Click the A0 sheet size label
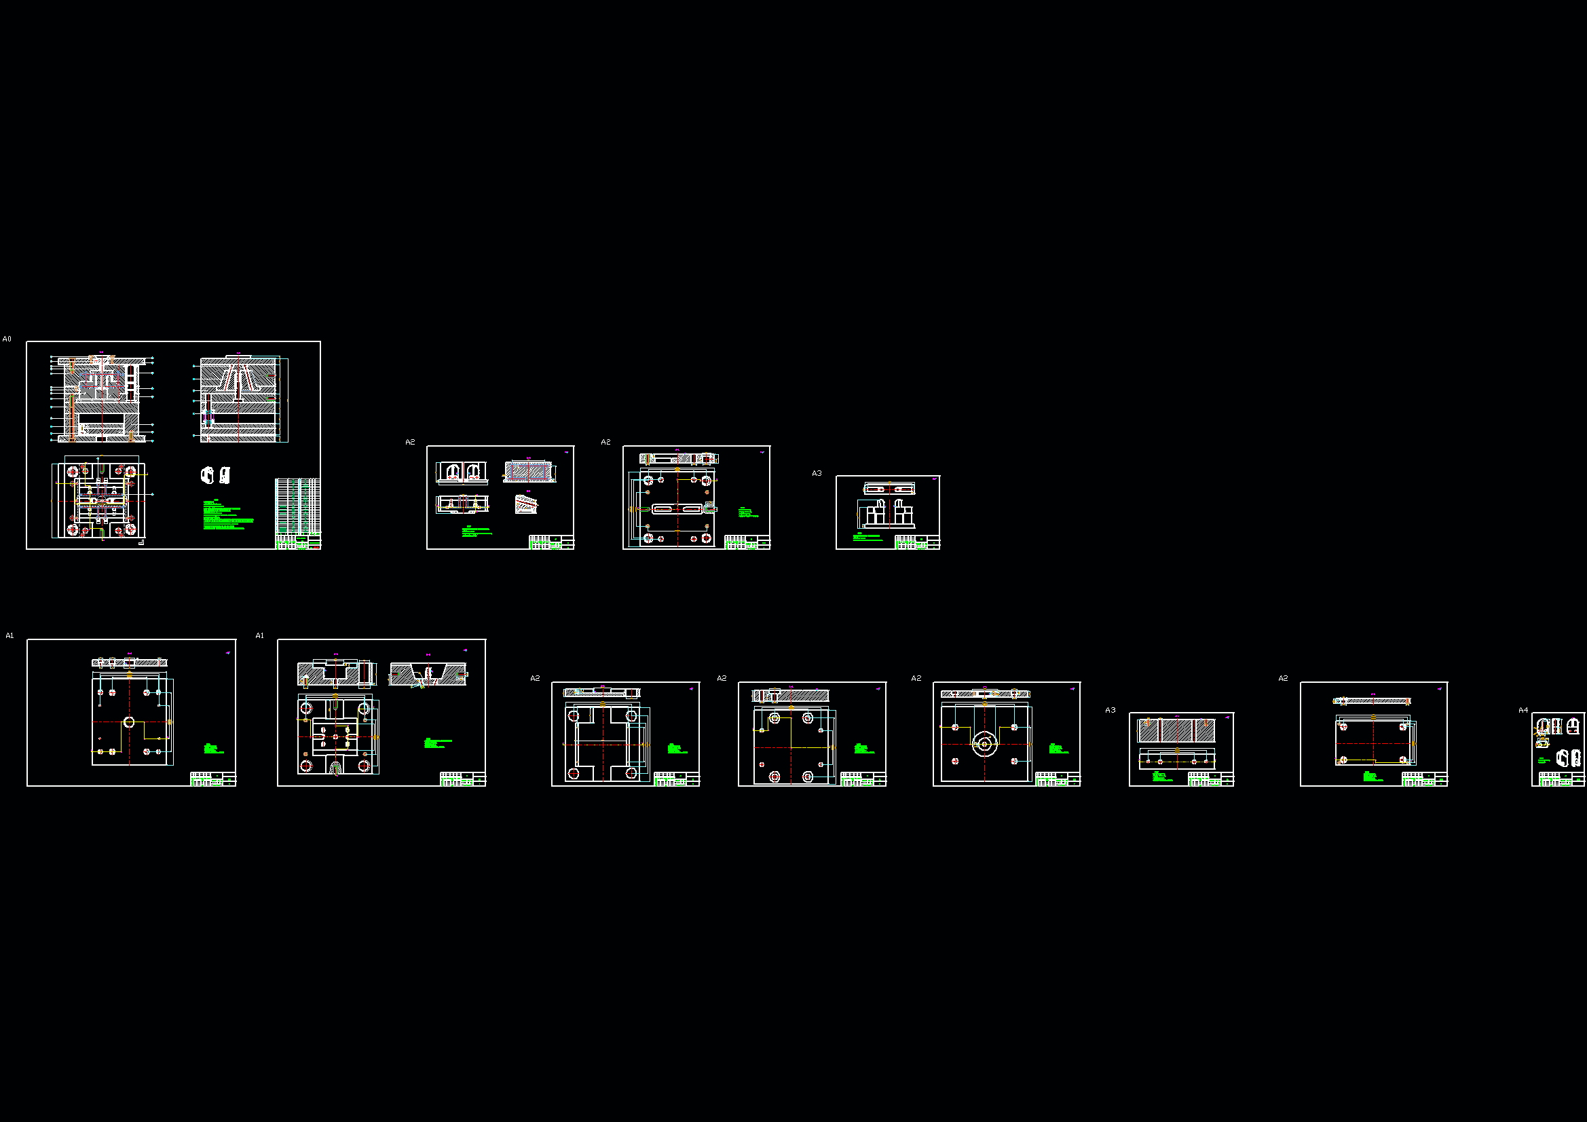click(7, 339)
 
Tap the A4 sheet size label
click(1523, 710)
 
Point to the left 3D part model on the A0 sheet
click(206, 475)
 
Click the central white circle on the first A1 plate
click(128, 722)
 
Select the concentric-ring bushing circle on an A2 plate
click(984, 744)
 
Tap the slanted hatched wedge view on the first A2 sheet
click(525, 503)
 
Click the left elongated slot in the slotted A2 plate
click(662, 509)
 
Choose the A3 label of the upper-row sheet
click(817, 474)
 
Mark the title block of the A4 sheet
click(1561, 779)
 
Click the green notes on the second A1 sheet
click(438, 743)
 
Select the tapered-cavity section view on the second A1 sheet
click(428, 674)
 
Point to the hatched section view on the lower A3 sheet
click(1176, 730)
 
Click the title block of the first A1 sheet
click(213, 779)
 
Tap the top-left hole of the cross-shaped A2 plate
click(573, 716)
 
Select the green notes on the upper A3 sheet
click(867, 536)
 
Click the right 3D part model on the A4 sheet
click(1575, 758)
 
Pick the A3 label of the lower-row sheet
click(1110, 710)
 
